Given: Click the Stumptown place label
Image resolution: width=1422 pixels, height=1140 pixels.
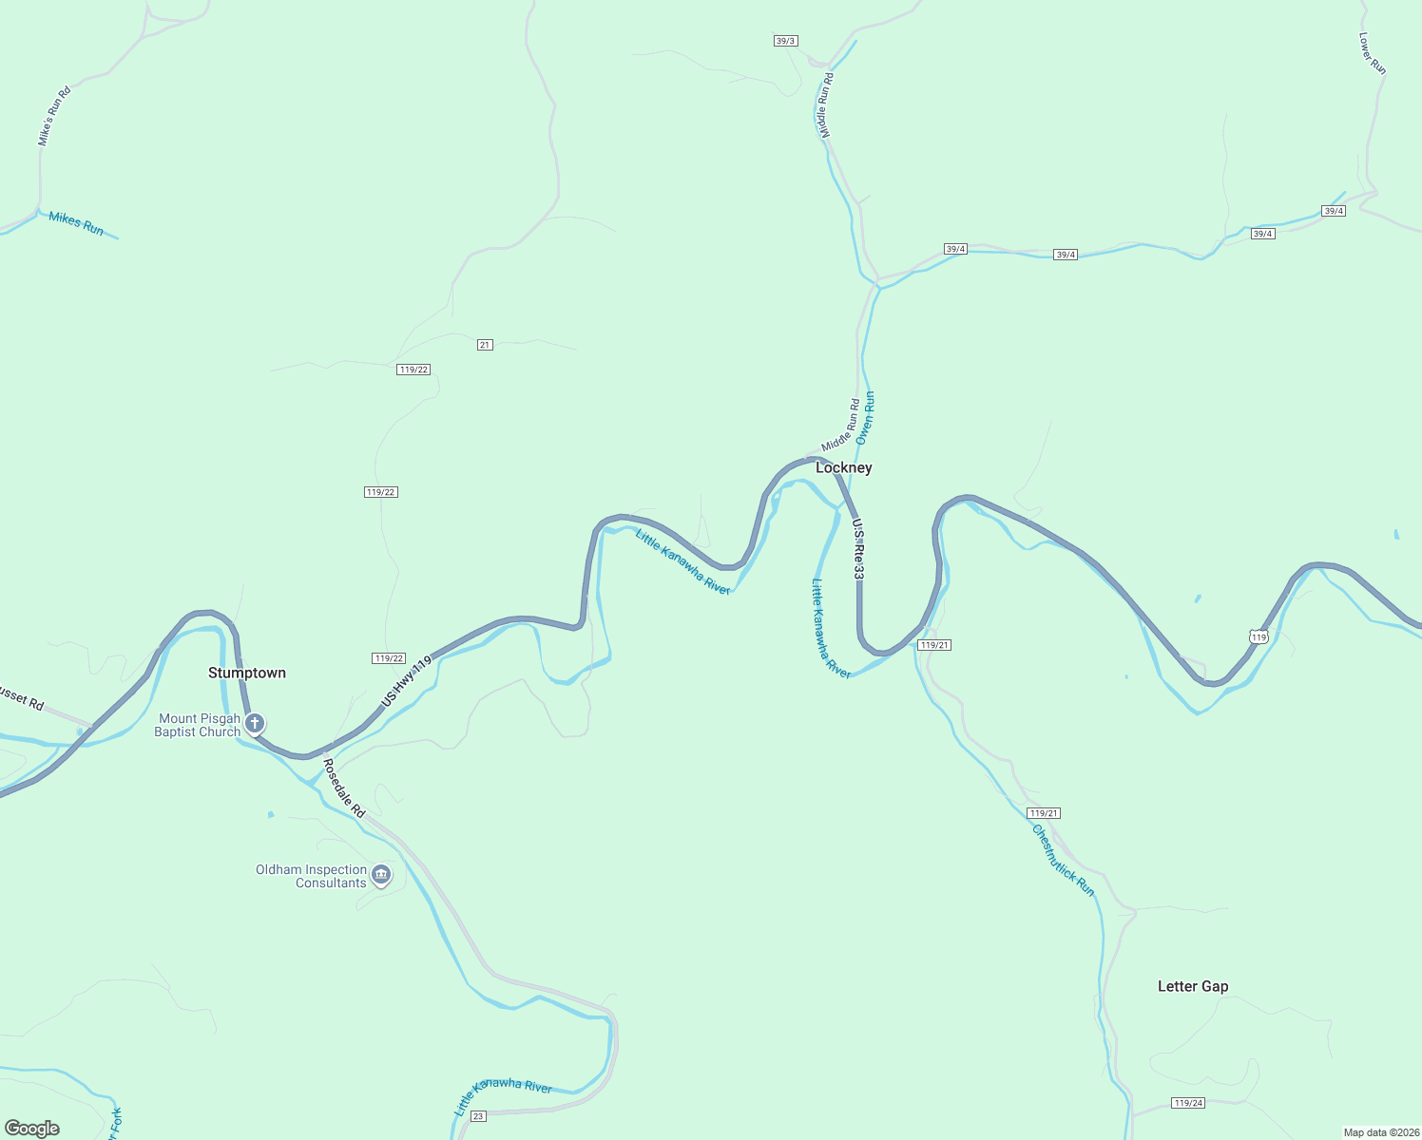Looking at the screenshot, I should (x=247, y=673).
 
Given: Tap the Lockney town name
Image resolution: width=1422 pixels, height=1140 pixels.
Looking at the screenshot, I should (x=843, y=467).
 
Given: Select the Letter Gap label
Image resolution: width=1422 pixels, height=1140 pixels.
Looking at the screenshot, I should (x=1193, y=986).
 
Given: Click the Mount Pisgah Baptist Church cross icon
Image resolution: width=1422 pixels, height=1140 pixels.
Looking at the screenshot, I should (x=254, y=724).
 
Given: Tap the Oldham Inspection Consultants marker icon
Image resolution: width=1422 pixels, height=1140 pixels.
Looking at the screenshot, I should (x=381, y=875).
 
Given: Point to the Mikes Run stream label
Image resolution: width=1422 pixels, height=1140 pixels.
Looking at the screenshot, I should (x=76, y=224).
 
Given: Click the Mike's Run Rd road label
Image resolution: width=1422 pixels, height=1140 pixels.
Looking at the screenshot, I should (x=54, y=117).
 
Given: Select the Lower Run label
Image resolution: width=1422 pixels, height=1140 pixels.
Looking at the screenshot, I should (x=1373, y=54).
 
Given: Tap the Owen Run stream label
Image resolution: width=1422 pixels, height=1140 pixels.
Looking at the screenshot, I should (x=865, y=418).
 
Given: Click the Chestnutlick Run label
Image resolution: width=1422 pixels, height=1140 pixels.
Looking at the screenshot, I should (x=1064, y=861).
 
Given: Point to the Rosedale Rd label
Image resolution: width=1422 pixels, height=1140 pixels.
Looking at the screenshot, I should (x=343, y=788).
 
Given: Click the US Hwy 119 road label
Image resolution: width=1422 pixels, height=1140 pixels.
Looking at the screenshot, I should (x=406, y=680).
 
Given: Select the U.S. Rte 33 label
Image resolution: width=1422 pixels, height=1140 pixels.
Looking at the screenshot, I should (x=858, y=549).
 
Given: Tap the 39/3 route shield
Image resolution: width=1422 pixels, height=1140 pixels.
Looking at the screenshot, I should (x=785, y=41).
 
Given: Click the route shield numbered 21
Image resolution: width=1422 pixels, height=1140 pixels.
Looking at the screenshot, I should (x=485, y=345).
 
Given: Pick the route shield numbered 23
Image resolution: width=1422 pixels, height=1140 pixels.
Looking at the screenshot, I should (x=478, y=1115).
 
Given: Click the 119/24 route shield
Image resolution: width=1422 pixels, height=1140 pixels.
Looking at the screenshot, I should (x=1188, y=1103).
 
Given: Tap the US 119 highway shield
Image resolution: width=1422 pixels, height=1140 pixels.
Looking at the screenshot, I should (x=1259, y=636).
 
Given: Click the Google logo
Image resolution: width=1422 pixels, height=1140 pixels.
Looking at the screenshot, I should (x=32, y=1129).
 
